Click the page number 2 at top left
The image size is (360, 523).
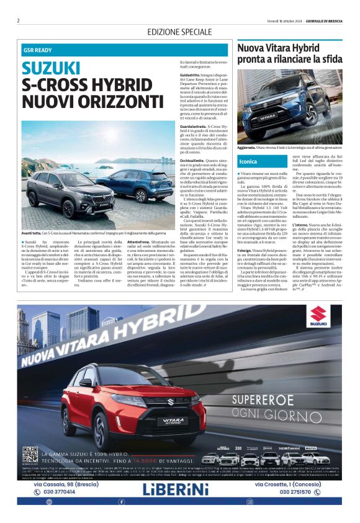(x=19, y=20)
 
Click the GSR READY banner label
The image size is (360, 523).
(x=38, y=49)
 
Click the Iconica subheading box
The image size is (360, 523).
(x=248, y=161)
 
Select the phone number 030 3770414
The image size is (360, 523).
(x=60, y=492)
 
